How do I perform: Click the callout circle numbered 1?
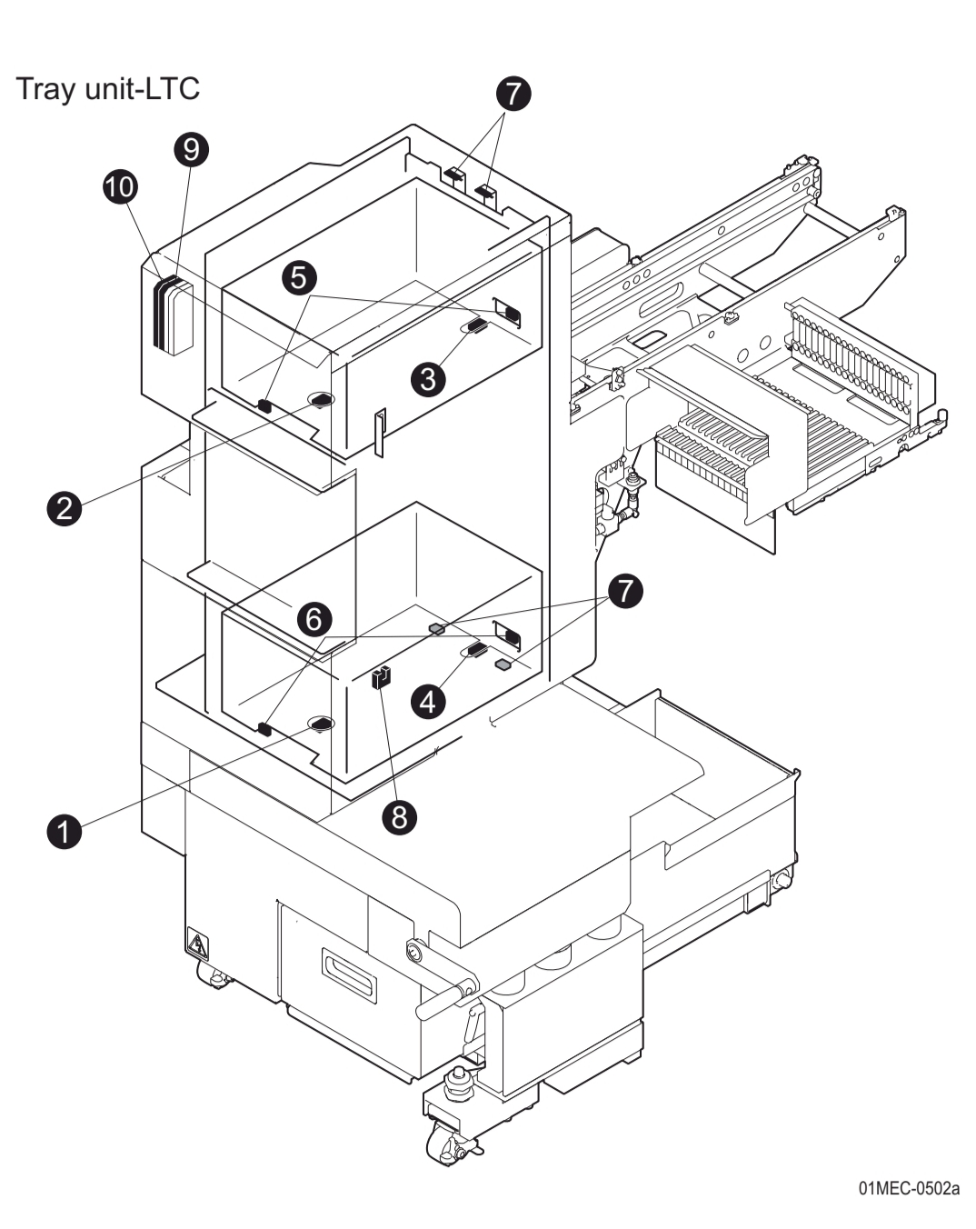coord(64,830)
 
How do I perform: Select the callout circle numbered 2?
coord(64,506)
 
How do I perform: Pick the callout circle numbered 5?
coord(299,277)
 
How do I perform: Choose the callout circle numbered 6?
coord(314,619)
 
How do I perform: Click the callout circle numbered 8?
coord(399,816)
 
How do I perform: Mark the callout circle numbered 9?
coord(192,148)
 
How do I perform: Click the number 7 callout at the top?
coord(513,93)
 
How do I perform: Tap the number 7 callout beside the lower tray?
coord(624,590)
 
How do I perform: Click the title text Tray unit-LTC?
coord(107,89)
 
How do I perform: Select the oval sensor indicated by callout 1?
coord(321,724)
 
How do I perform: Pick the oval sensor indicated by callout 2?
coord(321,399)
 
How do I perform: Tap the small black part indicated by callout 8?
coord(382,677)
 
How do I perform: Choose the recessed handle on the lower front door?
coord(349,975)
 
